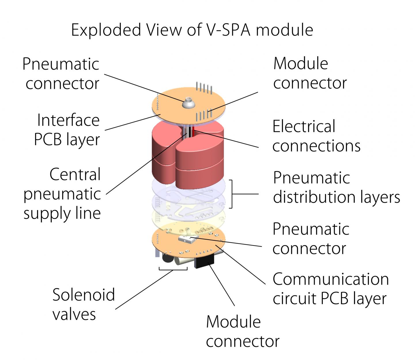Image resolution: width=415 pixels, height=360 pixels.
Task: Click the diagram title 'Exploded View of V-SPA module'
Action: pos(192,30)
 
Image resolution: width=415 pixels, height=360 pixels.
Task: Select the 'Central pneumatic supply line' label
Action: pos(62,194)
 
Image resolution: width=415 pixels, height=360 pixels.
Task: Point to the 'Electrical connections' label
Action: pos(316,136)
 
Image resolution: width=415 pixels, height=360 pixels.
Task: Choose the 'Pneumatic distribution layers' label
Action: pos(336,187)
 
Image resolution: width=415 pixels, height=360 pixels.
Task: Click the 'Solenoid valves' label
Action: pos(84,304)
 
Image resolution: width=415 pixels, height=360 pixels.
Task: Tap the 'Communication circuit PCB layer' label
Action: pos(331,289)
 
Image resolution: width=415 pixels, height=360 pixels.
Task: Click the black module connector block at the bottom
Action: pos(204,261)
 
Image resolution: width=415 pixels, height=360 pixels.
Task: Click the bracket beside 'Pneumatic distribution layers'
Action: pos(231,194)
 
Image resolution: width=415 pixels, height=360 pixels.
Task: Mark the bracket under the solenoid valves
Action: pos(173,269)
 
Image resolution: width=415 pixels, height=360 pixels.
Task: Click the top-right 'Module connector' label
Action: pos(310,74)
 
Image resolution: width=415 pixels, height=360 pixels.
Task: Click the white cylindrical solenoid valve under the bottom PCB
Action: pos(180,261)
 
